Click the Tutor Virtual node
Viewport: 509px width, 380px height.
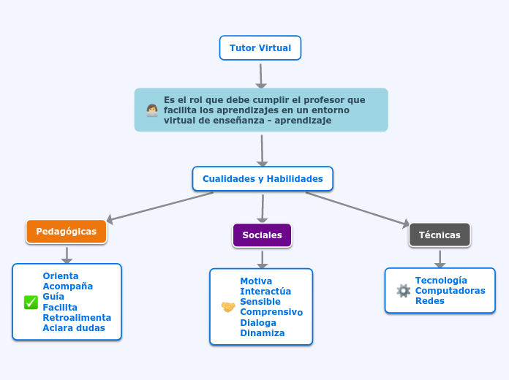click(260, 48)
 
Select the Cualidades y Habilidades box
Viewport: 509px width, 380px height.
click(263, 179)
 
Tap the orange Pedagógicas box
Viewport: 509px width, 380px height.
click(67, 232)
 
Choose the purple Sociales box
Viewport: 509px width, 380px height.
click(262, 235)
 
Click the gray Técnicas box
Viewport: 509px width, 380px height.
click(440, 235)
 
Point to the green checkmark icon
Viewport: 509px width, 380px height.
click(31, 303)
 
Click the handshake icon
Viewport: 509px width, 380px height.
click(228, 307)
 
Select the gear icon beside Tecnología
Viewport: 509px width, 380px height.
click(403, 291)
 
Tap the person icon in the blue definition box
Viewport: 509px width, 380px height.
click(152, 110)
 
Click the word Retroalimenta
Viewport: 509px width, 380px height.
click(77, 318)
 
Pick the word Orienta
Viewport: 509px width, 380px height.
click(61, 276)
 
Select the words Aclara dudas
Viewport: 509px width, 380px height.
click(74, 328)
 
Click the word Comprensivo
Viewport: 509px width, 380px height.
click(271, 312)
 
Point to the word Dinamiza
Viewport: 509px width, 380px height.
click(263, 333)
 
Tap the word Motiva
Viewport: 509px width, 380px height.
click(256, 281)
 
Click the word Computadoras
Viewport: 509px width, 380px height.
click(450, 291)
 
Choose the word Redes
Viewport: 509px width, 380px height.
click(430, 301)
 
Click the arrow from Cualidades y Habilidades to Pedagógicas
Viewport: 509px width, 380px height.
click(161, 206)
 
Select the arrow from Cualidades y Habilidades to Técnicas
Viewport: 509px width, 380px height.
click(358, 208)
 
